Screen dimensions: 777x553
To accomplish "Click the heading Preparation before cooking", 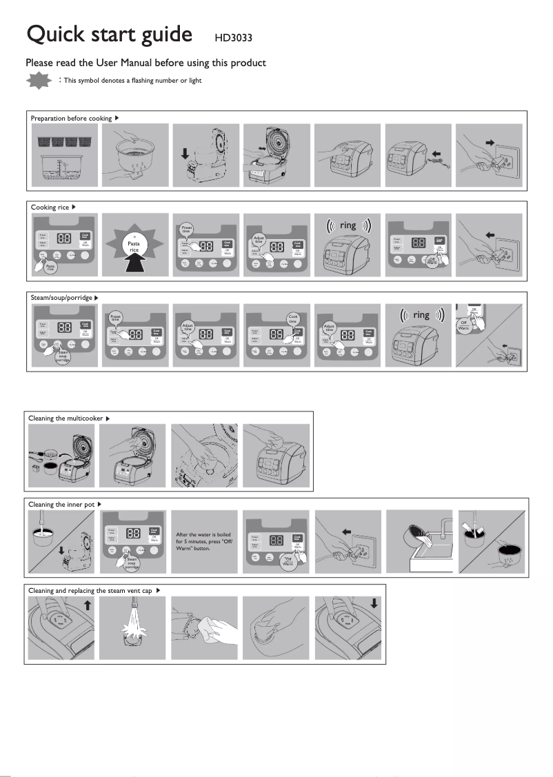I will point(71,119).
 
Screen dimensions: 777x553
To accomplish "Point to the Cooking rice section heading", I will point(50,207).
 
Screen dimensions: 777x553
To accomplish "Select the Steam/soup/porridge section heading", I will point(62,297).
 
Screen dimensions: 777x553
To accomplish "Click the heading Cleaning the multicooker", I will point(66,418).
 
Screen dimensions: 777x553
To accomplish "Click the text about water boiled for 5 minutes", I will point(203,541).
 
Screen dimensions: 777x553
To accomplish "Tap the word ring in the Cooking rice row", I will point(348,225).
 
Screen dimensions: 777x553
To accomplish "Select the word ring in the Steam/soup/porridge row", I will point(421,315).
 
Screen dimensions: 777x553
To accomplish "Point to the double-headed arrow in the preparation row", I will point(262,148).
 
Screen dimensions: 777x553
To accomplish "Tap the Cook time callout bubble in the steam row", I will point(292,319).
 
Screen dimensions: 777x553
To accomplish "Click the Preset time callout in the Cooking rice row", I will point(186,229).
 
